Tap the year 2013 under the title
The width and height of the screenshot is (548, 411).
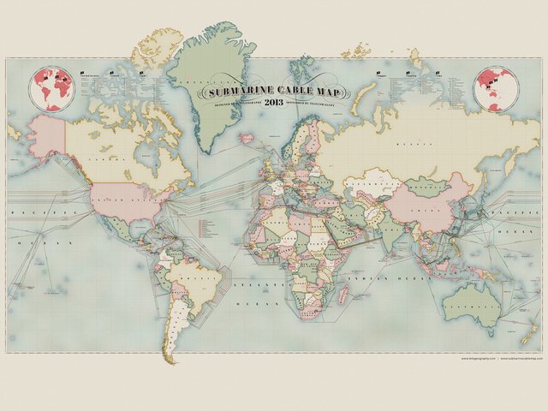[274, 102]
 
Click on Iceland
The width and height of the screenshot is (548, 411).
[247, 137]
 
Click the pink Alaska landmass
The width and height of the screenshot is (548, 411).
[47, 137]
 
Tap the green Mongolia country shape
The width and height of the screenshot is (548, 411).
[428, 185]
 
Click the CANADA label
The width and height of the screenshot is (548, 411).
[107, 158]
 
